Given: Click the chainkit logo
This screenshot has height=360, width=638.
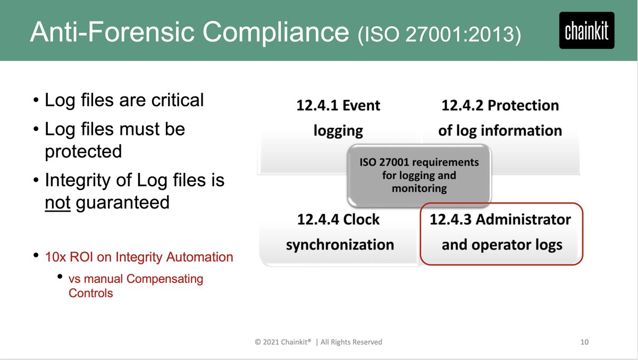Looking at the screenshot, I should (586, 30).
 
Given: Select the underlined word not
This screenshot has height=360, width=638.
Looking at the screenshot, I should (57, 203).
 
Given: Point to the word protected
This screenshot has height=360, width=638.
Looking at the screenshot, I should (83, 152).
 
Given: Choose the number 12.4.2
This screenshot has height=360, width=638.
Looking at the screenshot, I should (463, 105).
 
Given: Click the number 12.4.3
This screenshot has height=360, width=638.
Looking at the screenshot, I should (451, 220).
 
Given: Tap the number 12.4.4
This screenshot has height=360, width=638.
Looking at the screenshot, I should (317, 220).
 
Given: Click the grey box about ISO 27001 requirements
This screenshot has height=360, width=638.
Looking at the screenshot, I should (419, 175).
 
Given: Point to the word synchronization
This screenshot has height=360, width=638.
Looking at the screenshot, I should (340, 245).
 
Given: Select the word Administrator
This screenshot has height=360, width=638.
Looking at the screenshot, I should (523, 220).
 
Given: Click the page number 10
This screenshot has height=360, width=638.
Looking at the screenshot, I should (584, 342).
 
